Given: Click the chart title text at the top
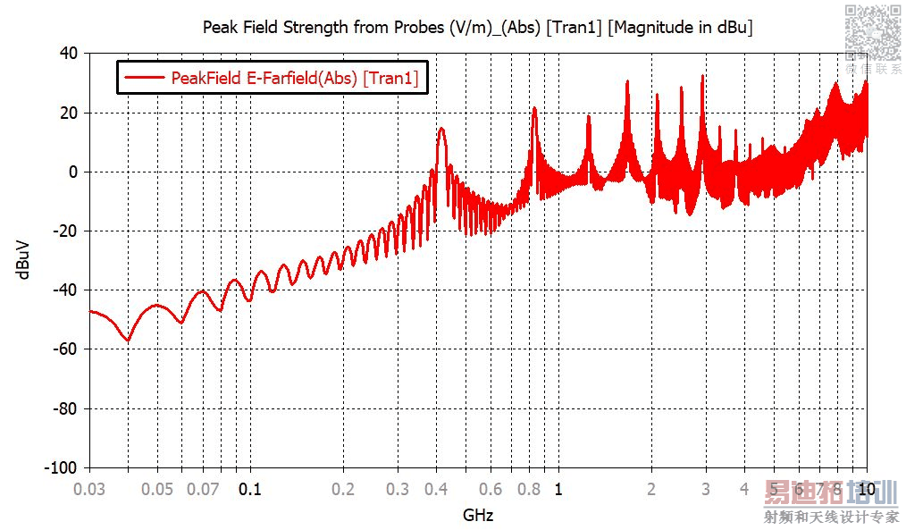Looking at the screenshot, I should (x=478, y=27).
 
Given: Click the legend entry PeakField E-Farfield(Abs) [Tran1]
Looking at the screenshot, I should (x=294, y=78).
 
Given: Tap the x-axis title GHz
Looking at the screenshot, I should (x=478, y=516).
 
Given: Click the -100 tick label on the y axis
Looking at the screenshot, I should (x=62, y=467).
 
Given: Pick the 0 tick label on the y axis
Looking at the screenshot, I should (x=74, y=172).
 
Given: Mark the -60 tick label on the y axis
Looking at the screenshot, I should (x=65, y=349).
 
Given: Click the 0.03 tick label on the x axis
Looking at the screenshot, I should (x=89, y=489).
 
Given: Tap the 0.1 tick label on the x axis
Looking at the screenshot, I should (x=250, y=489).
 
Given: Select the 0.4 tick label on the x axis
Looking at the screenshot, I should (x=437, y=489).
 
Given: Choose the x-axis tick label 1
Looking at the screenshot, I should (x=558, y=489).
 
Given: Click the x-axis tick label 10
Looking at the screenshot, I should (x=867, y=489).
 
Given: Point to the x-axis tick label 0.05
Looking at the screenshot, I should (x=157, y=489).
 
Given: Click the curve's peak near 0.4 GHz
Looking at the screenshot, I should (x=441, y=129).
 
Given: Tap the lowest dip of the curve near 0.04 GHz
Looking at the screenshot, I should (x=128, y=341).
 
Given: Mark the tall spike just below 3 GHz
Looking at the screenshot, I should (x=702, y=76).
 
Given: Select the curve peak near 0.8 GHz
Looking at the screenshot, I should (x=534, y=109).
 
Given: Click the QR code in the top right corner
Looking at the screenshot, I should (x=872, y=31).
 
